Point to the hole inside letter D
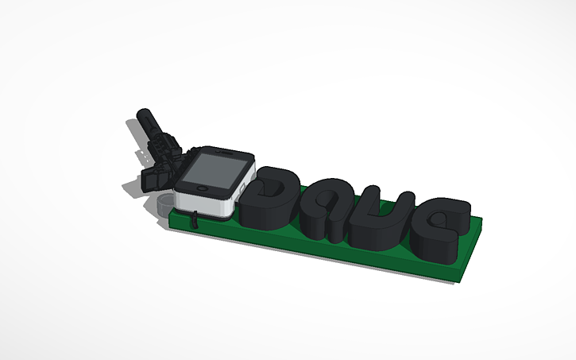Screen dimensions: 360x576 click(273, 191)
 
